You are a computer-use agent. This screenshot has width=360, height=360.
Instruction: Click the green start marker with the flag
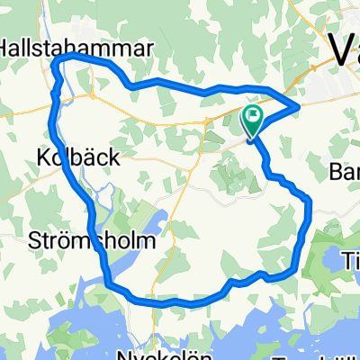tap(253, 116)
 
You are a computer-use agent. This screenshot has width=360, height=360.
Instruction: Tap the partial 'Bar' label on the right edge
tap(346, 170)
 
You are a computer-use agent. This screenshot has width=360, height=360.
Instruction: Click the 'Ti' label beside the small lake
tap(351, 257)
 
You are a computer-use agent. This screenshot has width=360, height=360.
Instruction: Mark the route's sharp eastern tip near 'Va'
tap(300, 108)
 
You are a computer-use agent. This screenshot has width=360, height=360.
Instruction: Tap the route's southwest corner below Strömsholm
tap(108, 287)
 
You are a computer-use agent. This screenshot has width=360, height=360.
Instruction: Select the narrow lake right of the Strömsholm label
tap(154, 229)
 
